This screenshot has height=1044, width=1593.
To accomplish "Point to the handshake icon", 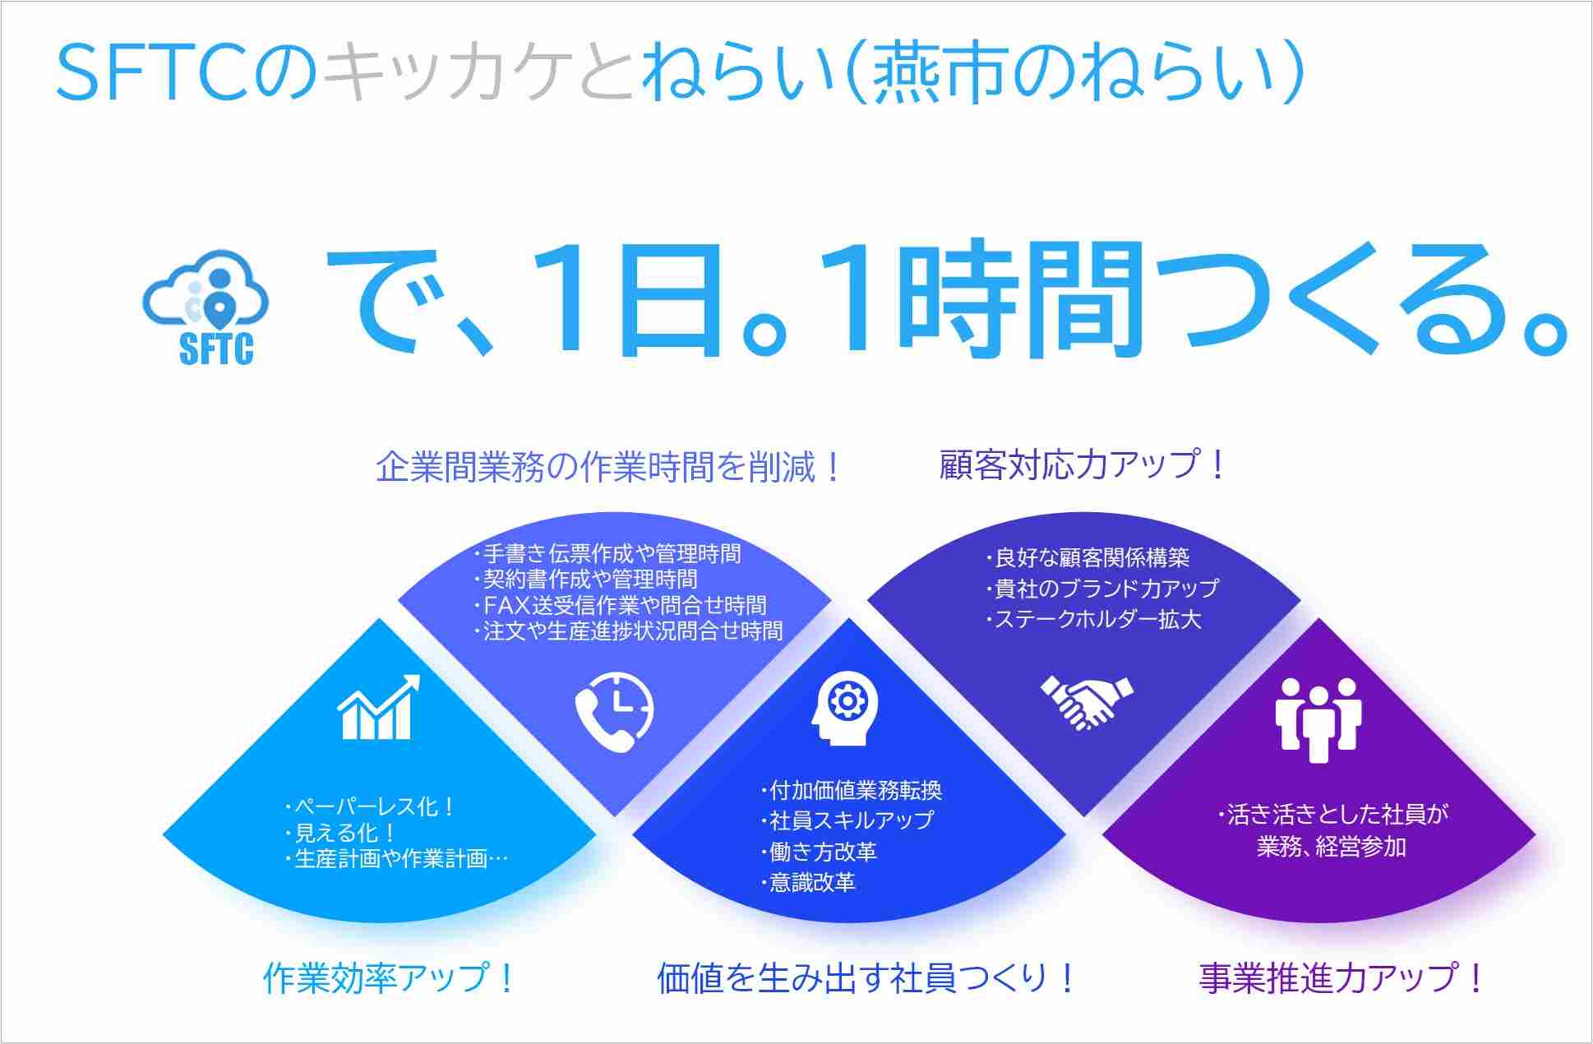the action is coord(1087,702).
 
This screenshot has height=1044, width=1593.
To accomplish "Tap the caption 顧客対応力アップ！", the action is coord(1083,464).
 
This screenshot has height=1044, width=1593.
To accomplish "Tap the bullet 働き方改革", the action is coord(818,851).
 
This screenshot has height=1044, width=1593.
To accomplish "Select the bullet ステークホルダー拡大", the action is coord(1093,619).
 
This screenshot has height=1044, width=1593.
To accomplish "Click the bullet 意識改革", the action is coord(807,882).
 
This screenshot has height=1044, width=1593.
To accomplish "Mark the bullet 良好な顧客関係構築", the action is coord(1087,558).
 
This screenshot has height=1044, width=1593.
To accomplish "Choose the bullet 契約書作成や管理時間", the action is coord(585,580).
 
